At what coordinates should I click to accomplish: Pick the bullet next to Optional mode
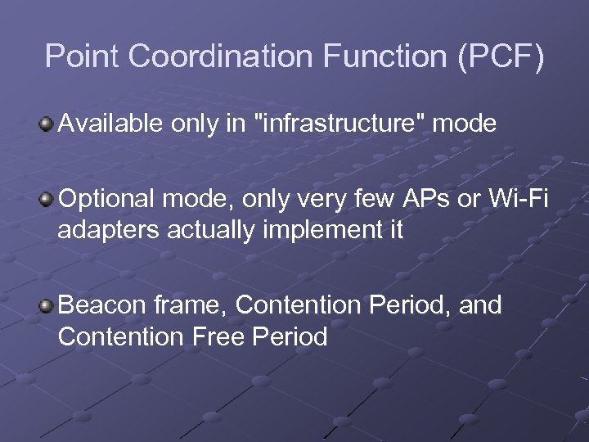click(x=47, y=199)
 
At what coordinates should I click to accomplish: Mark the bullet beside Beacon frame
click(x=47, y=306)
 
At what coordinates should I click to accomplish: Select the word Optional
click(x=108, y=199)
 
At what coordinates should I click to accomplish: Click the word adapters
click(x=109, y=231)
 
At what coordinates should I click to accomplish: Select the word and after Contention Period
click(x=480, y=305)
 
